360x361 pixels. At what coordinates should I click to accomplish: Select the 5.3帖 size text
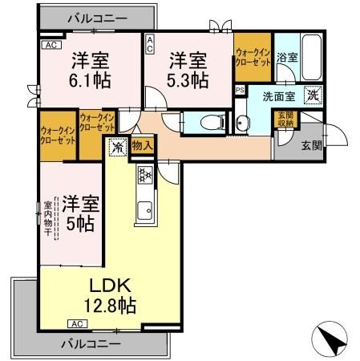pos(189,80)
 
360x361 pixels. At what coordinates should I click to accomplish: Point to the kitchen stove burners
pos(145,173)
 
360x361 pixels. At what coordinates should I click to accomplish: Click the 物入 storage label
pos(142,145)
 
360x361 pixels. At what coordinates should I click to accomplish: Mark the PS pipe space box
pos(239,90)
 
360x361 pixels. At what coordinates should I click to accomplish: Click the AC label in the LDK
pos(77,324)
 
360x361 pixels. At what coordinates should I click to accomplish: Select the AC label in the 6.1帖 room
pos(49,46)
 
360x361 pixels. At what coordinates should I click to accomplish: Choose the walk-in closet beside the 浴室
pos(252,56)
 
